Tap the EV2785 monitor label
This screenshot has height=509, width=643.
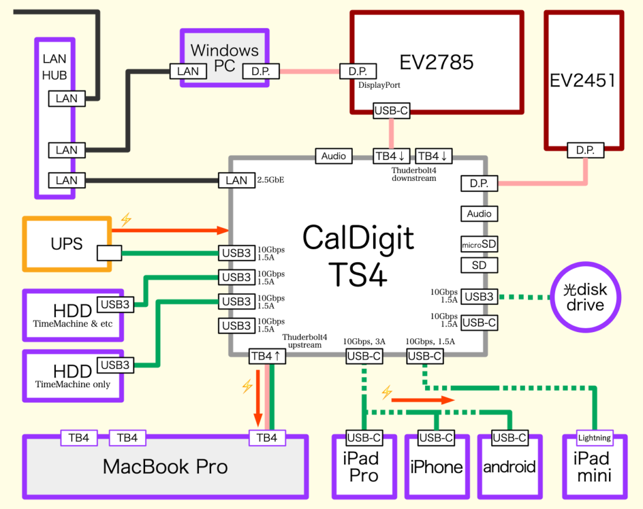coord(436,62)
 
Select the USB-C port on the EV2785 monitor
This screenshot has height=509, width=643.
coord(392,111)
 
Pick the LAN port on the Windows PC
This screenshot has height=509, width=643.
coord(188,72)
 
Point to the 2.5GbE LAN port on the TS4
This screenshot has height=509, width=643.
coord(236,181)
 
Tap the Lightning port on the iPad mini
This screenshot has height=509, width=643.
coord(593,437)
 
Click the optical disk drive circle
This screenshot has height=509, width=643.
coord(585,297)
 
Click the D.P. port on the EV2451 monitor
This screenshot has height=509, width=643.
coord(586,151)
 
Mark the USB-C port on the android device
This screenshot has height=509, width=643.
coord(509,438)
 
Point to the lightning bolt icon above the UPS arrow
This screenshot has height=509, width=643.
coord(126,219)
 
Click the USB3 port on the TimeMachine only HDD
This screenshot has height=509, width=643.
coord(115,365)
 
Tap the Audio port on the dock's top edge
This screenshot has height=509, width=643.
coord(333,156)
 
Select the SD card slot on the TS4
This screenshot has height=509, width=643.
coord(479,265)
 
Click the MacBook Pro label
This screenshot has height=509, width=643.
coord(165,466)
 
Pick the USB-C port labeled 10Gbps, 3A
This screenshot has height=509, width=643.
coord(364,356)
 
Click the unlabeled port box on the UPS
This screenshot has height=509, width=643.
coord(109,254)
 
